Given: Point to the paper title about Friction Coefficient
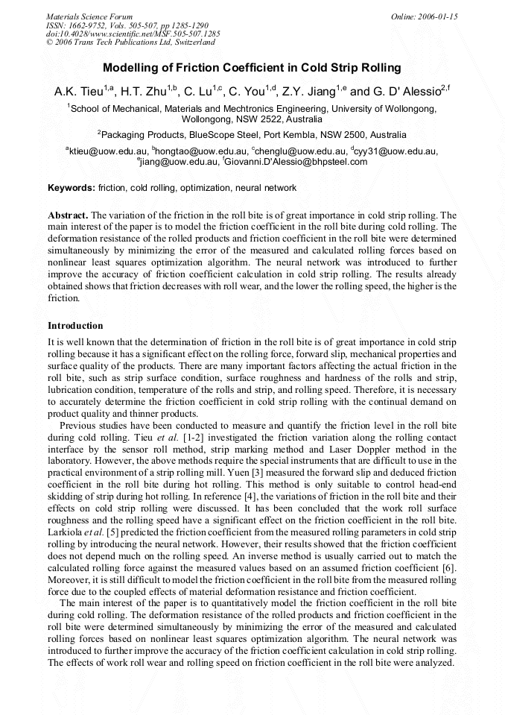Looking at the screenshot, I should point(252,68).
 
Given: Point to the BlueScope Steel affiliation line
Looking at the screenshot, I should point(252,135).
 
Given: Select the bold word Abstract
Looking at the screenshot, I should point(68,215).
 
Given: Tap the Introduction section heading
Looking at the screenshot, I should point(75,326).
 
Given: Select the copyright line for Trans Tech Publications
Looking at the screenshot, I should point(130,42).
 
